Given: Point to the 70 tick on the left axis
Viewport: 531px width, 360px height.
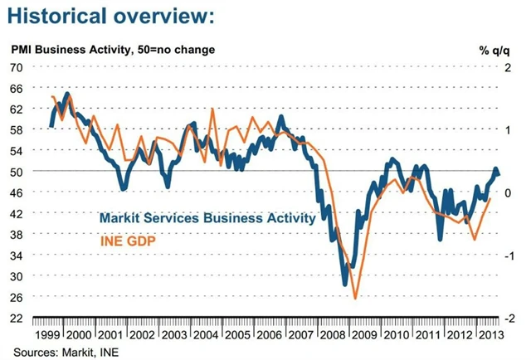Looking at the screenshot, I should (x=17, y=67).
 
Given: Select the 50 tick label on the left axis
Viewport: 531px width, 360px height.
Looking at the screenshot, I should (x=17, y=171).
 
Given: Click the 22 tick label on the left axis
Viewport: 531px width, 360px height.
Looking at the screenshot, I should (x=17, y=319).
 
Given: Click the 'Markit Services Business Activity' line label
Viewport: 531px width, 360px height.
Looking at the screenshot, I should (x=207, y=219).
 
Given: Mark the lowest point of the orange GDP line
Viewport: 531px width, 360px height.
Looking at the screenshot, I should (x=355, y=298).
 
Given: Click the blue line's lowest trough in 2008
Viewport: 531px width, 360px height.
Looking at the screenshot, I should (x=345, y=285).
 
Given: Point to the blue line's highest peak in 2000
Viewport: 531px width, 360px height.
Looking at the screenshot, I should (x=66, y=94).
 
